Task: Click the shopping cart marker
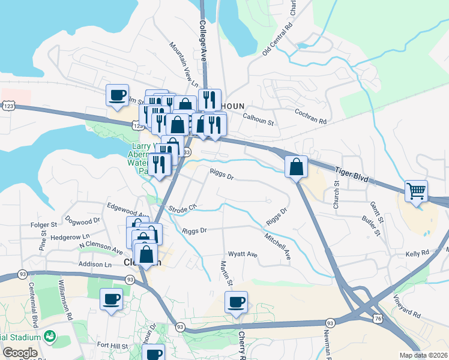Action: coord(416,191)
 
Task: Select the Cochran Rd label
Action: coord(310,116)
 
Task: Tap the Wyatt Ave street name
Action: coord(243,254)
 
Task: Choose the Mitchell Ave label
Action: coord(277,246)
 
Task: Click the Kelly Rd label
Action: coord(417,254)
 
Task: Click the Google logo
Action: coord(19,353)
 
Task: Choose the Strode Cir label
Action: coord(182,209)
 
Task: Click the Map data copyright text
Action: coord(423,355)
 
